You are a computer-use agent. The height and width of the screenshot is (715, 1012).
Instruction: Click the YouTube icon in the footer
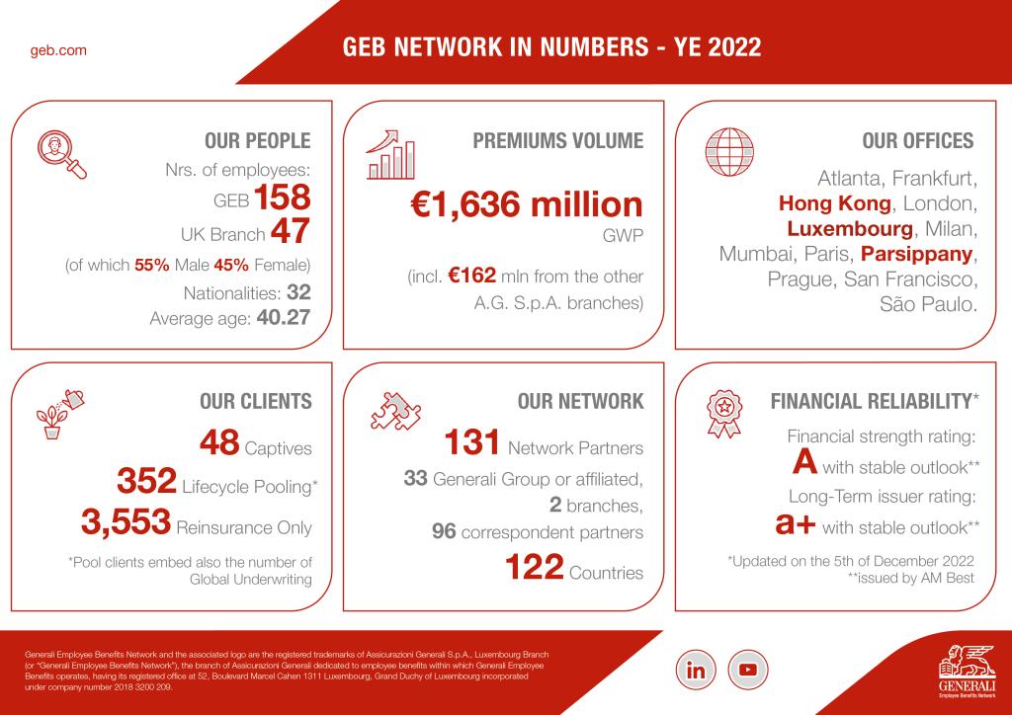click(747, 669)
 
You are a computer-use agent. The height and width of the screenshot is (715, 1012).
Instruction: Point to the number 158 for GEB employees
click(283, 198)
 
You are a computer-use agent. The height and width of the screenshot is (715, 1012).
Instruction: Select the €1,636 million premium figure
click(527, 205)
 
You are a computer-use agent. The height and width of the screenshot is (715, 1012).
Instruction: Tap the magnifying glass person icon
click(61, 156)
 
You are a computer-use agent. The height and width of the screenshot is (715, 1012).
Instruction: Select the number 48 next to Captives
click(219, 443)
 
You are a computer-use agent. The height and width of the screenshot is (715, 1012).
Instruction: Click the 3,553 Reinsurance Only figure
click(125, 524)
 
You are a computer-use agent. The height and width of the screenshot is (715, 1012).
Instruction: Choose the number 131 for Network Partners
click(472, 443)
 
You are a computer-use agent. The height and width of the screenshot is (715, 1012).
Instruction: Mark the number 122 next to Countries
click(535, 569)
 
